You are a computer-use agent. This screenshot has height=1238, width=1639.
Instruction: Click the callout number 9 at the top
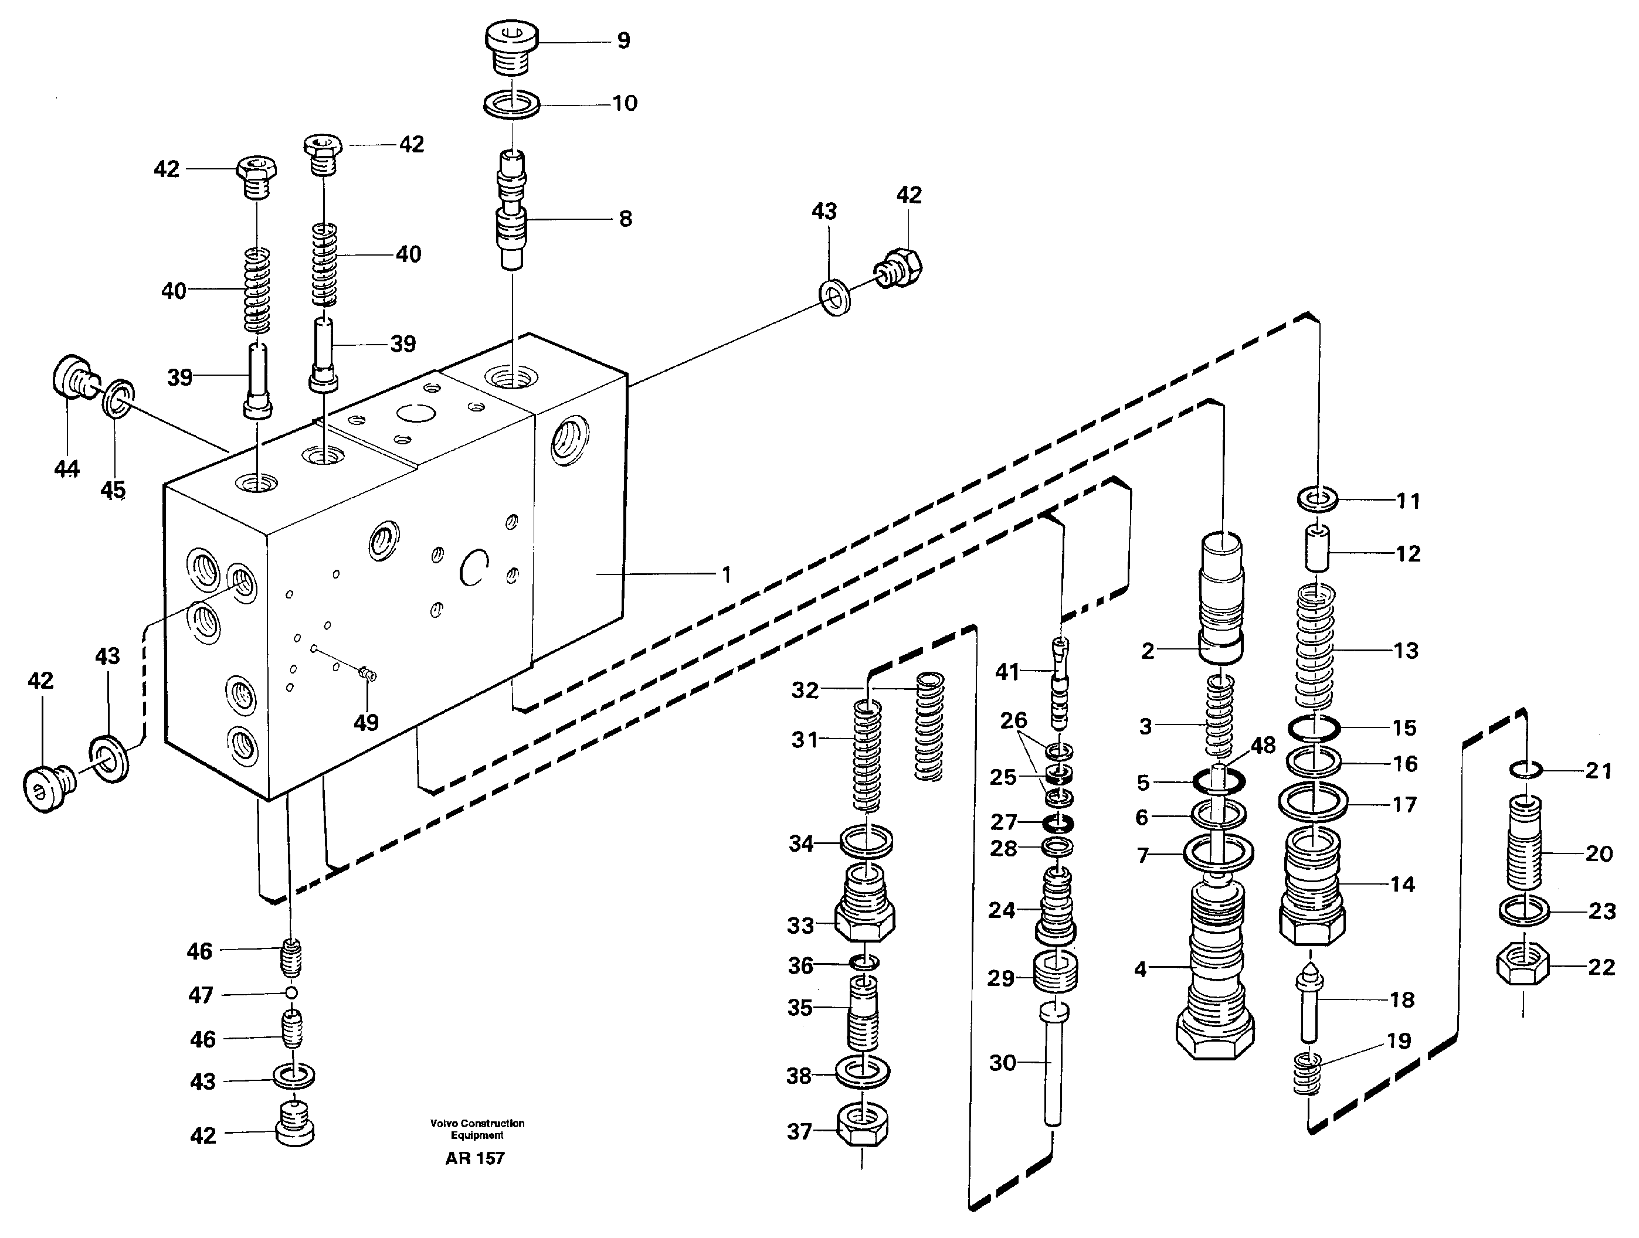(x=623, y=41)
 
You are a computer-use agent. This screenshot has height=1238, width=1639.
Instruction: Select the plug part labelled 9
(x=511, y=46)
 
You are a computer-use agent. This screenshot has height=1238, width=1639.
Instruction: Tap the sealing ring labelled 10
(x=511, y=104)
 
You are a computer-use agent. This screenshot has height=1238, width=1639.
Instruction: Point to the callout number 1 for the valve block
(x=727, y=574)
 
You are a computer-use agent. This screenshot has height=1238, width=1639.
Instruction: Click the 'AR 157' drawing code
(x=474, y=1158)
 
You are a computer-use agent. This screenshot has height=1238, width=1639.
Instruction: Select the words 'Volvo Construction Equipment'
(x=477, y=1129)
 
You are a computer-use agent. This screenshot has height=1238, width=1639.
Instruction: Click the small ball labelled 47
(x=292, y=993)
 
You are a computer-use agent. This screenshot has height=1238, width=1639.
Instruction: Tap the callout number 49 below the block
(x=366, y=722)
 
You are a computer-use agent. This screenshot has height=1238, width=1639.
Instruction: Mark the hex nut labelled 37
(x=863, y=1128)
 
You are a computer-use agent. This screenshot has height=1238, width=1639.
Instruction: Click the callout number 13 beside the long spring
(x=1406, y=651)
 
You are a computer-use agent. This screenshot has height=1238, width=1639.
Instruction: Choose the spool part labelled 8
(x=511, y=211)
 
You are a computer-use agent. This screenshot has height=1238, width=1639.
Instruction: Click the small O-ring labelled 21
(x=1526, y=771)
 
